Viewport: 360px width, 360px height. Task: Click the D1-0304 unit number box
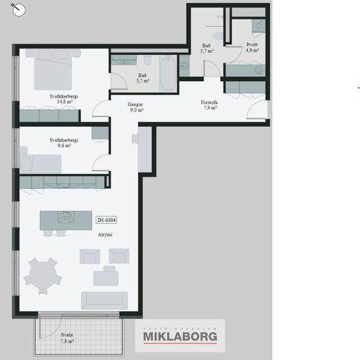coord(106,220)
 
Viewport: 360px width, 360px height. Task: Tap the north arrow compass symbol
coord(19,10)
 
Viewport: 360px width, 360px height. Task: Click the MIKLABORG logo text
coord(180,337)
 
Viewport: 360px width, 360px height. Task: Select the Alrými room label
coord(105,235)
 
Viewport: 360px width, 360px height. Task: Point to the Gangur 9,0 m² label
coord(135,107)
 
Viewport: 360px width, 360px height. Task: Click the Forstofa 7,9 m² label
coord(209,105)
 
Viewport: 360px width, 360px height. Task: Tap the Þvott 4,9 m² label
coord(252,47)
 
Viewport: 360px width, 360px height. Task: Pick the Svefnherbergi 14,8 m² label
coord(64,99)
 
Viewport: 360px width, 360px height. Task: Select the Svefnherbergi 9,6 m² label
coord(64,143)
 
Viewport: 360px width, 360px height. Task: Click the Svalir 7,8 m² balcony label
coord(67,338)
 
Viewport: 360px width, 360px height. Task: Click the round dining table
coord(43,275)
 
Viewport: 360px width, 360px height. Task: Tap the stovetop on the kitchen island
coord(66,217)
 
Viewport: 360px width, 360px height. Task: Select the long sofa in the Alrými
coord(104,300)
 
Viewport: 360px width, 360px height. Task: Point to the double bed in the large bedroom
coord(53,69)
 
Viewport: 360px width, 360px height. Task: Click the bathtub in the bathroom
coord(168,74)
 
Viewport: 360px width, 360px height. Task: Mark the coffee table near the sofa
coord(106,278)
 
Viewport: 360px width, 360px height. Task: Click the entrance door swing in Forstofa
coord(256,110)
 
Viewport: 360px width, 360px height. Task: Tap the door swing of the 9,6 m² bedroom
coord(100,163)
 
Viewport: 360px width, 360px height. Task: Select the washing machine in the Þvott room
coord(259,25)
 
